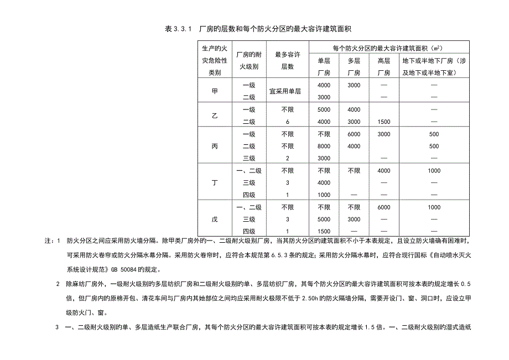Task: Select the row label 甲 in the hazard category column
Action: [215, 91]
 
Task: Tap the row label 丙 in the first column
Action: [215, 146]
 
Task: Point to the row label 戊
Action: [215, 220]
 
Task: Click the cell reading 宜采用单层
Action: [287, 91]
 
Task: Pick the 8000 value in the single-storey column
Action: [324, 146]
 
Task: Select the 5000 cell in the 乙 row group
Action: [324, 109]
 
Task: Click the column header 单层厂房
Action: [324, 66]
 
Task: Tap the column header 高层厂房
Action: [383, 66]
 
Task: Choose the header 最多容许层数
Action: [287, 60]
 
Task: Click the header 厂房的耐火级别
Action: [249, 60]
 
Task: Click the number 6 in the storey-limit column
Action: [287, 122]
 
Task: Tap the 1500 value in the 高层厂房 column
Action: [383, 122]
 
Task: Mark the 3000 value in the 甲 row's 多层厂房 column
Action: [354, 85]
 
